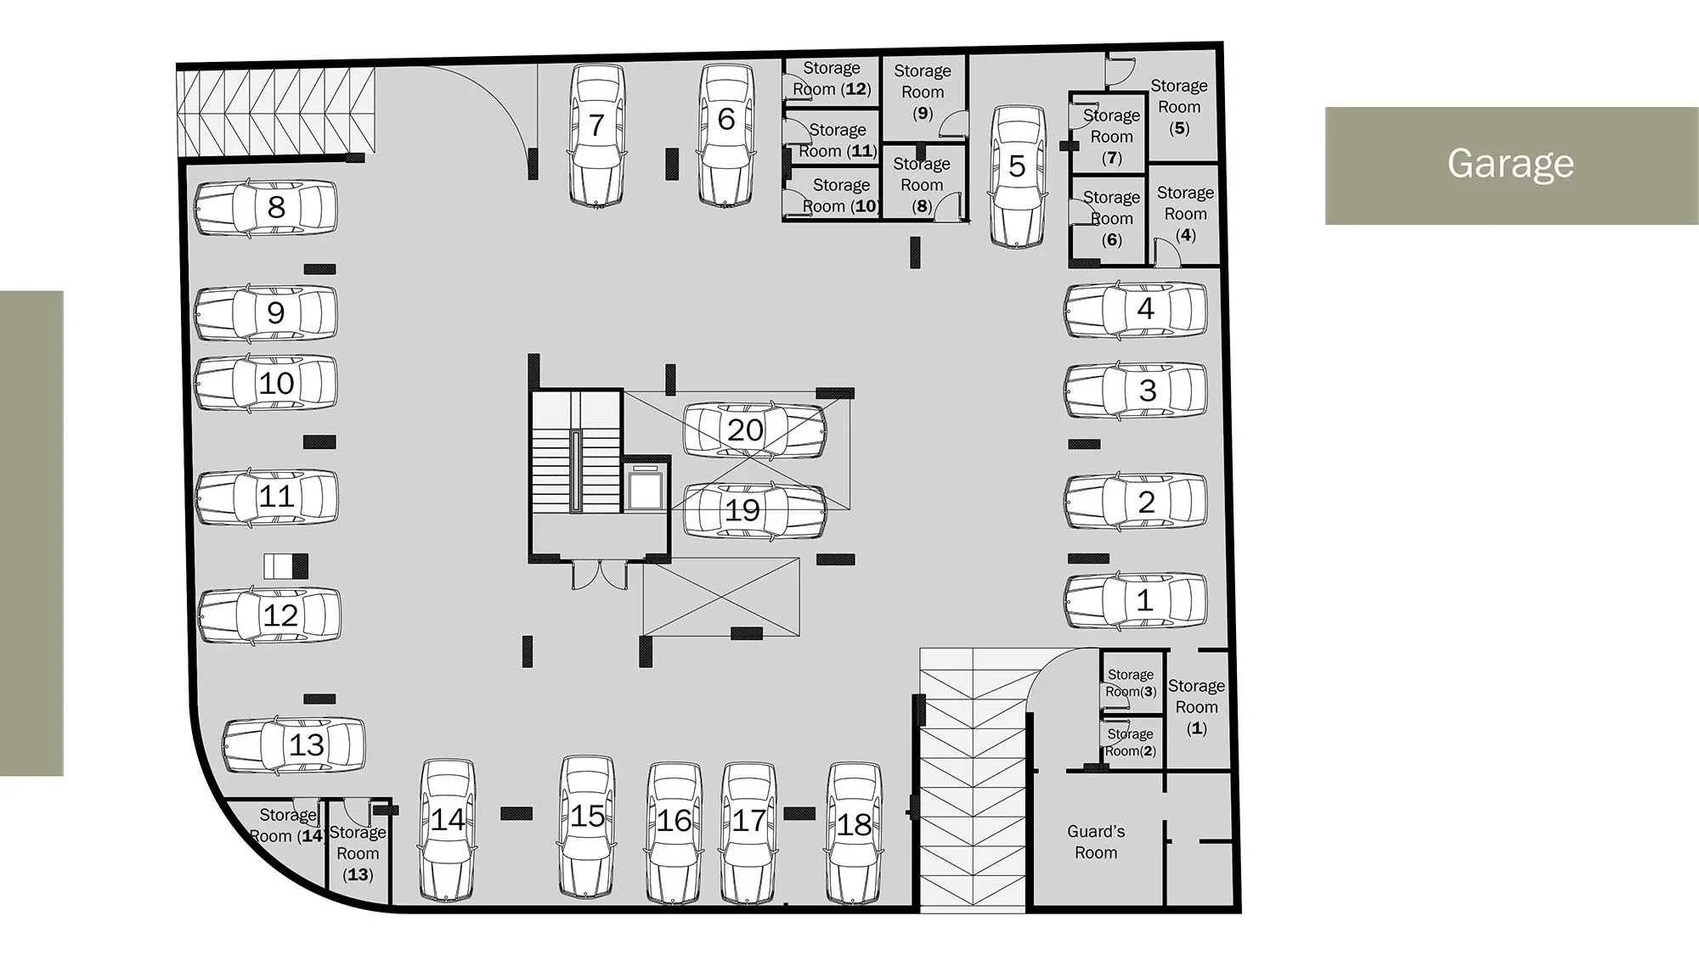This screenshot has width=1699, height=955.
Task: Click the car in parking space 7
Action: coord(596,136)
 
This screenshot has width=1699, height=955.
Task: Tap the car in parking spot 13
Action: coord(294,744)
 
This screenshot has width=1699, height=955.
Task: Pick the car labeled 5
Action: coord(1018,177)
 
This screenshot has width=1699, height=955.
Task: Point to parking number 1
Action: coord(1144,600)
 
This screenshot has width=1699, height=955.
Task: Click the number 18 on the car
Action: coord(854,824)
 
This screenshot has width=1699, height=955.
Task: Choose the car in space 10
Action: coord(266,383)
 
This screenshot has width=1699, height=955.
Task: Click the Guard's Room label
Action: coord(1096,842)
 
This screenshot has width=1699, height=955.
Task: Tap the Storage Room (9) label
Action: coord(923,92)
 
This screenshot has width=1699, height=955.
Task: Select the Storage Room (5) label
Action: coord(1179,107)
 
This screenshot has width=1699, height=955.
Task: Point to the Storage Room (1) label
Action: coord(1196,706)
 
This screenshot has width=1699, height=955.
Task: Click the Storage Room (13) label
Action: coord(358,853)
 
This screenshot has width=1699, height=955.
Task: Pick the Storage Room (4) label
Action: coord(1185,214)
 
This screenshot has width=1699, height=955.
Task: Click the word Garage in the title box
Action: coord(1510,163)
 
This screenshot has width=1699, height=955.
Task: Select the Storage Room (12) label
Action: coord(832,78)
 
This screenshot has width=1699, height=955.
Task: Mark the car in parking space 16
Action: coord(675,833)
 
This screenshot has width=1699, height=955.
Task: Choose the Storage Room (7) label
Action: coord(1111,136)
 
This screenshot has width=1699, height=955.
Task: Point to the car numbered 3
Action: coord(1136,390)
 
